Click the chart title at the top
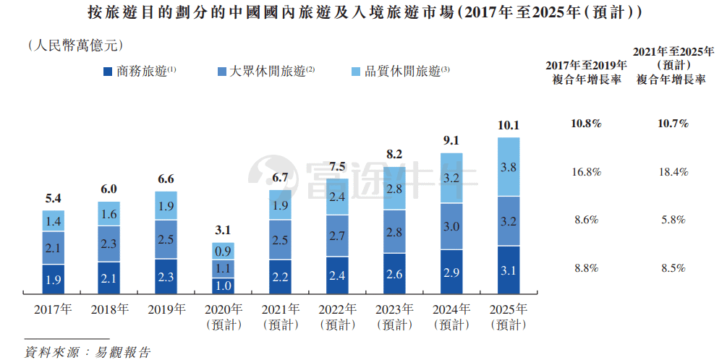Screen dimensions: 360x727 tap(362, 14)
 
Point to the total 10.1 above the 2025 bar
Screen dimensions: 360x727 tap(509, 125)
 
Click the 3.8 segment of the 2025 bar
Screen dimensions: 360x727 tap(509, 167)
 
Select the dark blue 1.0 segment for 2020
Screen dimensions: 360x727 tap(224, 286)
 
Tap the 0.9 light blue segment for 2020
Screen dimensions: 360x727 tap(224, 251)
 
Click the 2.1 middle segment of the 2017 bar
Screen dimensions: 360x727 tap(53, 248)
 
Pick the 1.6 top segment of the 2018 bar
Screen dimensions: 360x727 tap(109, 214)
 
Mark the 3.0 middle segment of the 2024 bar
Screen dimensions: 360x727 tap(451, 226)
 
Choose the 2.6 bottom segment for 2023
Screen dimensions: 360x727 tap(394, 274)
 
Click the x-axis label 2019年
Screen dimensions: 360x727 tap(166, 310)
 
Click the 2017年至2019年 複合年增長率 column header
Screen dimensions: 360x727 tap(586, 72)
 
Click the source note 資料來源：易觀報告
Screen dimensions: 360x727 tap(88, 352)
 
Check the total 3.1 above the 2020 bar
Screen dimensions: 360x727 tap(224, 231)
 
